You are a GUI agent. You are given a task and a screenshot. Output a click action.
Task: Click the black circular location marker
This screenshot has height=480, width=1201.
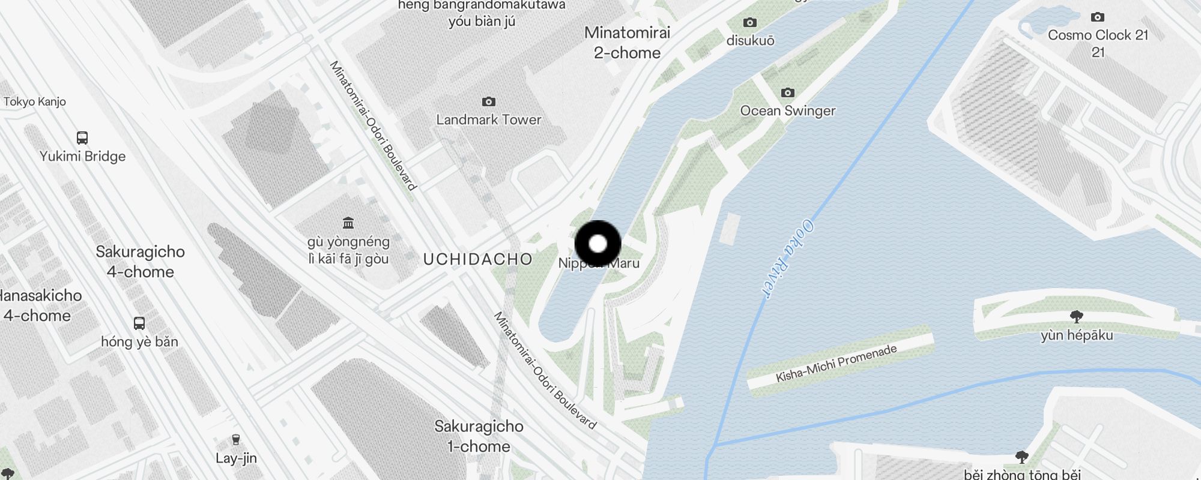(597, 244)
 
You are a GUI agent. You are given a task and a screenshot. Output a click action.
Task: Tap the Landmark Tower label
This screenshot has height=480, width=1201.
(489, 119)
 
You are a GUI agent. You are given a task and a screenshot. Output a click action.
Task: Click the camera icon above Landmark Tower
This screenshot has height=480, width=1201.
(489, 101)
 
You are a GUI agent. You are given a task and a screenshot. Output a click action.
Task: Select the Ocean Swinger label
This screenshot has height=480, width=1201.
(788, 110)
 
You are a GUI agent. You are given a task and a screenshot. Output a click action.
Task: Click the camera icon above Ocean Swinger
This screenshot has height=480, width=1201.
(788, 92)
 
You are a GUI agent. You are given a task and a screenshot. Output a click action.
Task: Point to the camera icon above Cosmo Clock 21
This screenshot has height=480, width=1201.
(1098, 17)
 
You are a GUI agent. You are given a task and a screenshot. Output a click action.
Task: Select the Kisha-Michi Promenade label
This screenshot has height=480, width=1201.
(836, 364)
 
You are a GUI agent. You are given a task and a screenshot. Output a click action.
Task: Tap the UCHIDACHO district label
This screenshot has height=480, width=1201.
(477, 259)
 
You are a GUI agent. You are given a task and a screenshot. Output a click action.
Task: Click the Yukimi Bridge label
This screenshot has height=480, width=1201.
(83, 156)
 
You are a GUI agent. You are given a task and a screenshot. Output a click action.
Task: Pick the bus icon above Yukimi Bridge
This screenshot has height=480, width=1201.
(83, 137)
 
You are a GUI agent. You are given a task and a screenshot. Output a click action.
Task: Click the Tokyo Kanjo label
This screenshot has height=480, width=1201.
(35, 101)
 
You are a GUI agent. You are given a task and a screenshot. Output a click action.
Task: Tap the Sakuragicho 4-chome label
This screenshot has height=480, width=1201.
(140, 262)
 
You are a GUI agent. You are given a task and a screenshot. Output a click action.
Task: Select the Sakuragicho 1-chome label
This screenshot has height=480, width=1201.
(479, 436)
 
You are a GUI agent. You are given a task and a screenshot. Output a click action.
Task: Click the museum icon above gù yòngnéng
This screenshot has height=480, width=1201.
(348, 223)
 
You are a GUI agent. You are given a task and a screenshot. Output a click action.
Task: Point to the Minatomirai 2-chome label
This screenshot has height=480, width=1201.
(627, 43)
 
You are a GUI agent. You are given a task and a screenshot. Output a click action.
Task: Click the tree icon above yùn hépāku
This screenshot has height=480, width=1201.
(1077, 316)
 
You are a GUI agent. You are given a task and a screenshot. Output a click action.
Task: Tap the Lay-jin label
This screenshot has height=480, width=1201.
(236, 458)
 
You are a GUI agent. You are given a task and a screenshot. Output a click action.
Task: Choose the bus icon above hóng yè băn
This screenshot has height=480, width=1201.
(139, 323)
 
